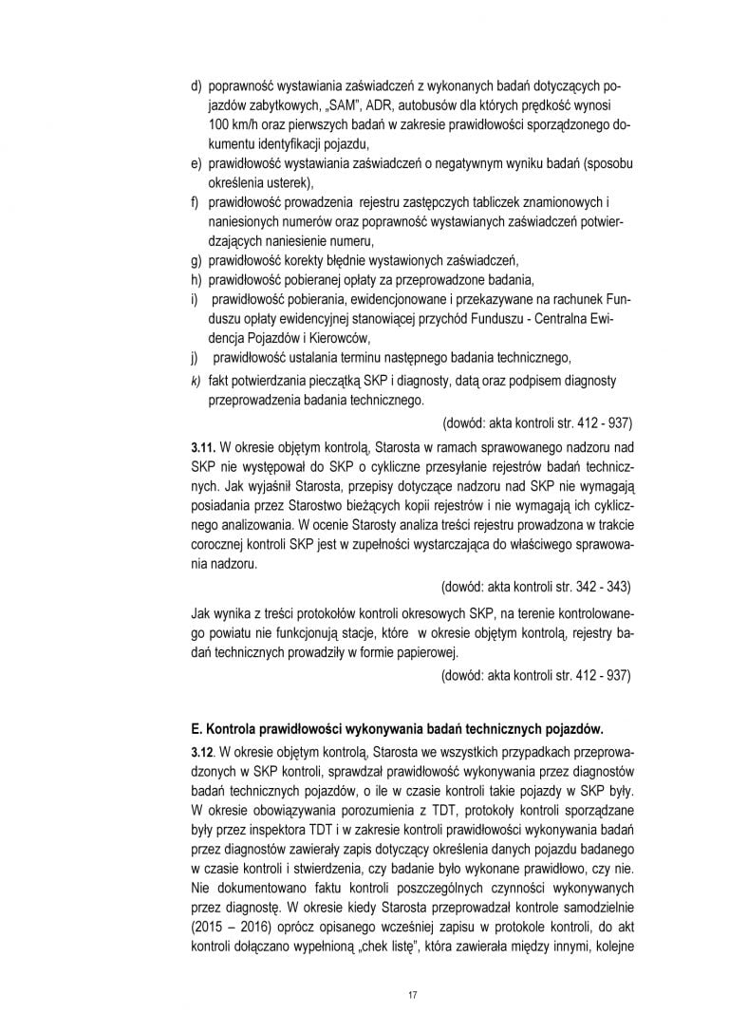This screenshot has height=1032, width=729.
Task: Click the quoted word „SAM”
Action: click(308, 105)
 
